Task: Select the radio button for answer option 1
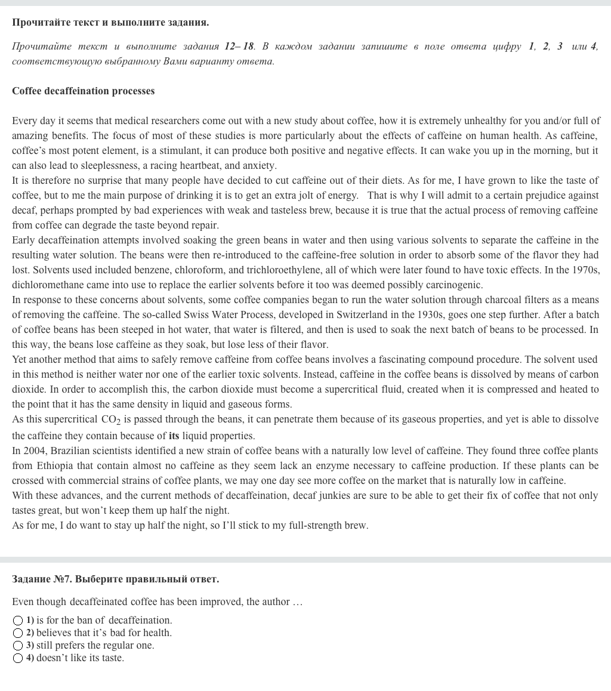click(18, 621)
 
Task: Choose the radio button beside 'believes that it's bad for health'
click(18, 633)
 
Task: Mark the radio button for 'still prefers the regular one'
click(18, 646)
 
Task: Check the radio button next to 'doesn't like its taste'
click(18, 658)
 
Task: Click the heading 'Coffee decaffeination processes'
click(83, 91)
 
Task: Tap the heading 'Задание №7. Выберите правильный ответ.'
click(115, 579)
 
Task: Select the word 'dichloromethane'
click(48, 285)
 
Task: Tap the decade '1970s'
click(584, 270)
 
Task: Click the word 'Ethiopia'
click(55, 466)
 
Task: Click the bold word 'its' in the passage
click(174, 436)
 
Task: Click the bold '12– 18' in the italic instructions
click(240, 47)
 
